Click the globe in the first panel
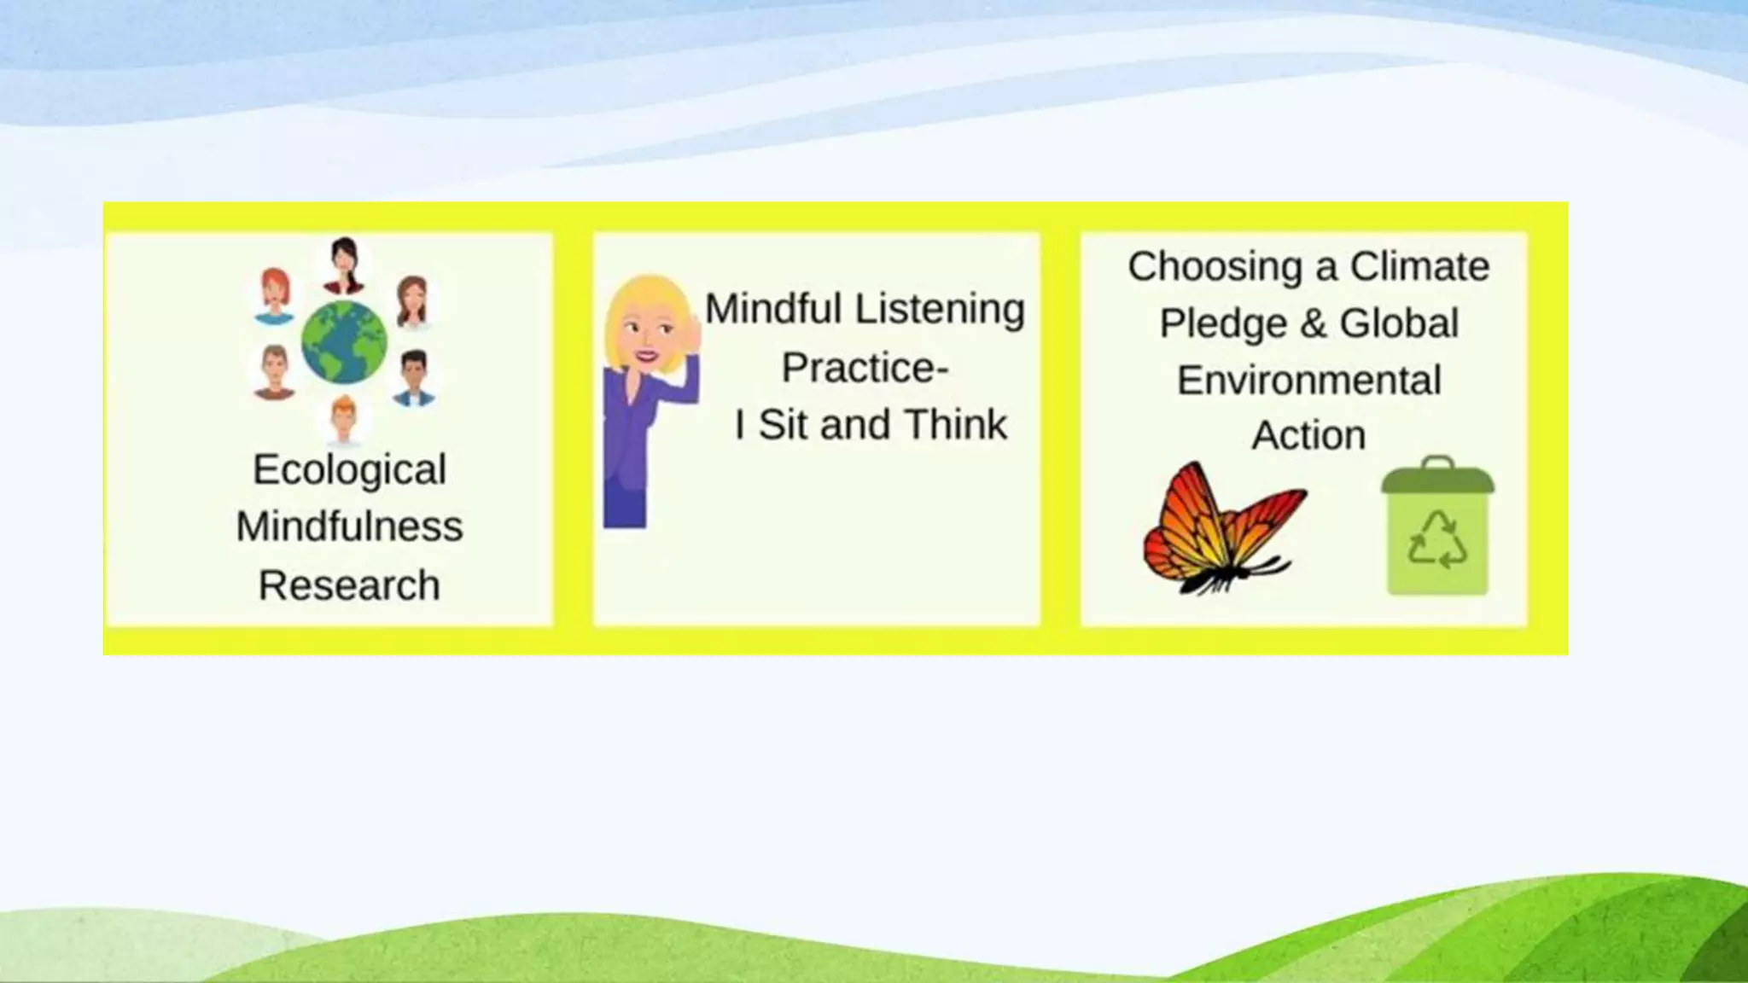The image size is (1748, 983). pos(344,342)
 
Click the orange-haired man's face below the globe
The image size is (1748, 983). pos(344,418)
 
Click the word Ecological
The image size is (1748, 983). pos(349,469)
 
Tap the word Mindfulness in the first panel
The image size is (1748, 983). pos(349,526)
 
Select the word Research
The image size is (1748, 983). pos(349,585)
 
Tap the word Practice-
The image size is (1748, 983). pos(865,368)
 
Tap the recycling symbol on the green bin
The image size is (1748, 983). pos(1437,540)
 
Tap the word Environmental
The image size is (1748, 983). pos(1308,381)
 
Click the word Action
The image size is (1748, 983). pos(1308,436)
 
